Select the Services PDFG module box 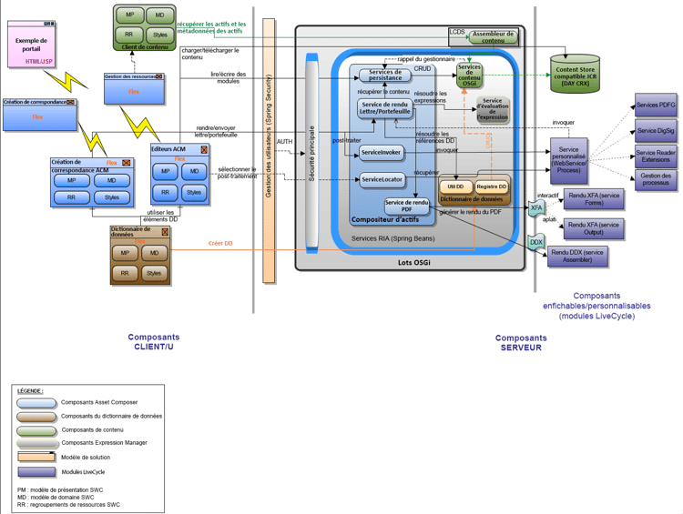[x=656, y=106]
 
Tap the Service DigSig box [x=656, y=131]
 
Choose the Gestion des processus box [x=656, y=179]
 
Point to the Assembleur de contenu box [x=493, y=36]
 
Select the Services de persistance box [x=384, y=76]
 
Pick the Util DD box [x=454, y=186]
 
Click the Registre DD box [x=492, y=186]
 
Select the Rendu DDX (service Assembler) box [x=576, y=256]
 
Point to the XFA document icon [x=536, y=209]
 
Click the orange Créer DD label [x=220, y=243]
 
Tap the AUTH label [x=284, y=142]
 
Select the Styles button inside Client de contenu [x=159, y=35]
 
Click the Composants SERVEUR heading [x=520, y=342]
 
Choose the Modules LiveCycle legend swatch [x=36, y=471]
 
